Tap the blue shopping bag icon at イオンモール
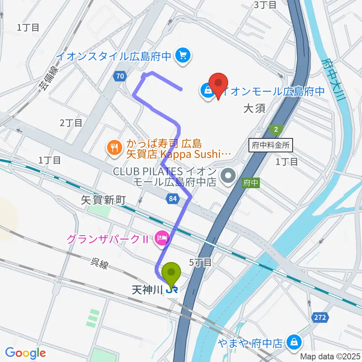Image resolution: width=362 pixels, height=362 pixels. tap(208, 91)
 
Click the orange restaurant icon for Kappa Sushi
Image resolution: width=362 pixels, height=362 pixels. tap(114, 148)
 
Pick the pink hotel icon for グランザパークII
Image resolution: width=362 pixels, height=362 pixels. tap(162, 239)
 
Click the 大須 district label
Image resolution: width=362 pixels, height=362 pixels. tap(254, 109)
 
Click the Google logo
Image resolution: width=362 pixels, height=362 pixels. tap(25, 353)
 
